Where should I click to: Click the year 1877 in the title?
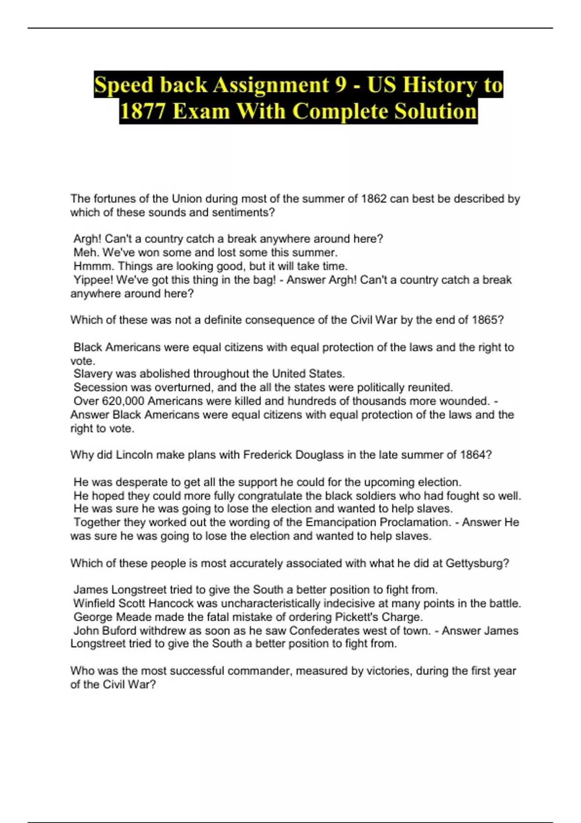coord(142,111)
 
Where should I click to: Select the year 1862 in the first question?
coord(374,198)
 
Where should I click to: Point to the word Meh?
coord(86,252)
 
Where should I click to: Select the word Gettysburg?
coord(477,564)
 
